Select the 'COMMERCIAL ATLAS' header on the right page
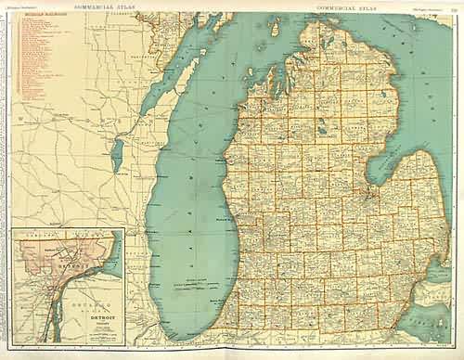(x=342, y=6)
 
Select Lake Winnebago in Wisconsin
(x=118, y=154)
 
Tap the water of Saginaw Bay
(x=380, y=167)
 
